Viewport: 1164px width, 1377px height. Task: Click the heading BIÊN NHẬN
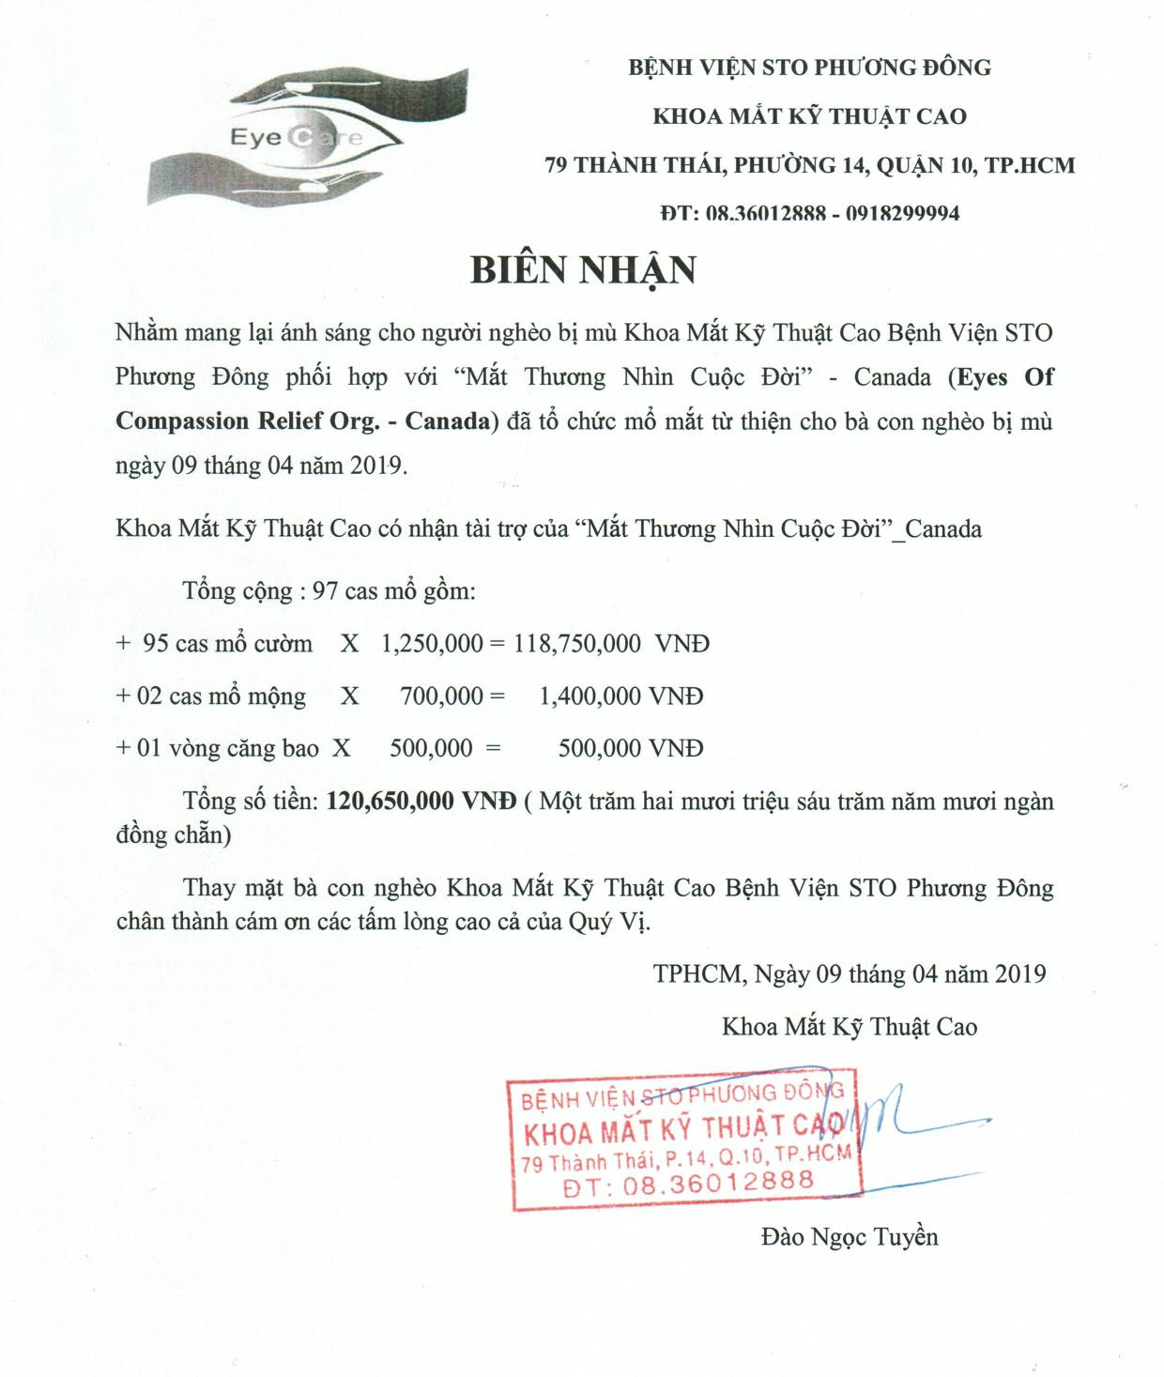[583, 270]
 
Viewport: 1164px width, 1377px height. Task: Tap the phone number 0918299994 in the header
[902, 214]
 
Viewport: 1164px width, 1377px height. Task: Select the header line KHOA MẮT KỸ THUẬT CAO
[809, 116]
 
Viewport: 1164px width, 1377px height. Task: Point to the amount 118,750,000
[577, 644]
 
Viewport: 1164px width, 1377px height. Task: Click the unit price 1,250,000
[432, 644]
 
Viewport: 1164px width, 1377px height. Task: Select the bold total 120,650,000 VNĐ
[421, 802]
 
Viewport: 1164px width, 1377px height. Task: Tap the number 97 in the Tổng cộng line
[325, 591]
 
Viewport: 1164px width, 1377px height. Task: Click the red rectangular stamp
[683, 1140]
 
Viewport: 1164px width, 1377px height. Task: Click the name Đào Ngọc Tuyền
[850, 1237]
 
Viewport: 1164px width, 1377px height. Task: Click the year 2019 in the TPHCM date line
[1020, 974]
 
